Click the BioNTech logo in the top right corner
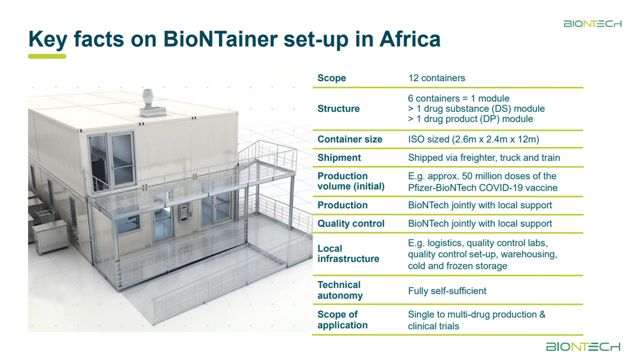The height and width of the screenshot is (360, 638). [x=593, y=24]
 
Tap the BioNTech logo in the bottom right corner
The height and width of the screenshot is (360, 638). [x=583, y=347]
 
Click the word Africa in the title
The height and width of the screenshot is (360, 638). [x=410, y=39]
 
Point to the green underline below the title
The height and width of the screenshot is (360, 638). [x=47, y=57]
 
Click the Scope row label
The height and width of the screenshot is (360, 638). [x=332, y=78]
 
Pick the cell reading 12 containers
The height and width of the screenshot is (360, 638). [x=436, y=78]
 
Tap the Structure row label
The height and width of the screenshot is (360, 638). [x=339, y=109]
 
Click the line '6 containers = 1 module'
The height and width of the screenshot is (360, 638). [x=459, y=98]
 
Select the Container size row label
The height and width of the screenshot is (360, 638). [x=350, y=139]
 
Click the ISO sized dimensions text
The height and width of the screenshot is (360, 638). [x=473, y=139]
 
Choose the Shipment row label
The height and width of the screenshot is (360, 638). [x=339, y=158]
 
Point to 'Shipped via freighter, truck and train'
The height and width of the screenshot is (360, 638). [x=484, y=158]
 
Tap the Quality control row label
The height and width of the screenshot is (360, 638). [x=351, y=223]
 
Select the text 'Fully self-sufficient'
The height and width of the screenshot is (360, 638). [x=447, y=291]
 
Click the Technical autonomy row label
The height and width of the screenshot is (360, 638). [x=340, y=290]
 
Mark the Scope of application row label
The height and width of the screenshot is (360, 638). [x=343, y=320]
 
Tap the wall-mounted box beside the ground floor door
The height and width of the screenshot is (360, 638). [x=185, y=213]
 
